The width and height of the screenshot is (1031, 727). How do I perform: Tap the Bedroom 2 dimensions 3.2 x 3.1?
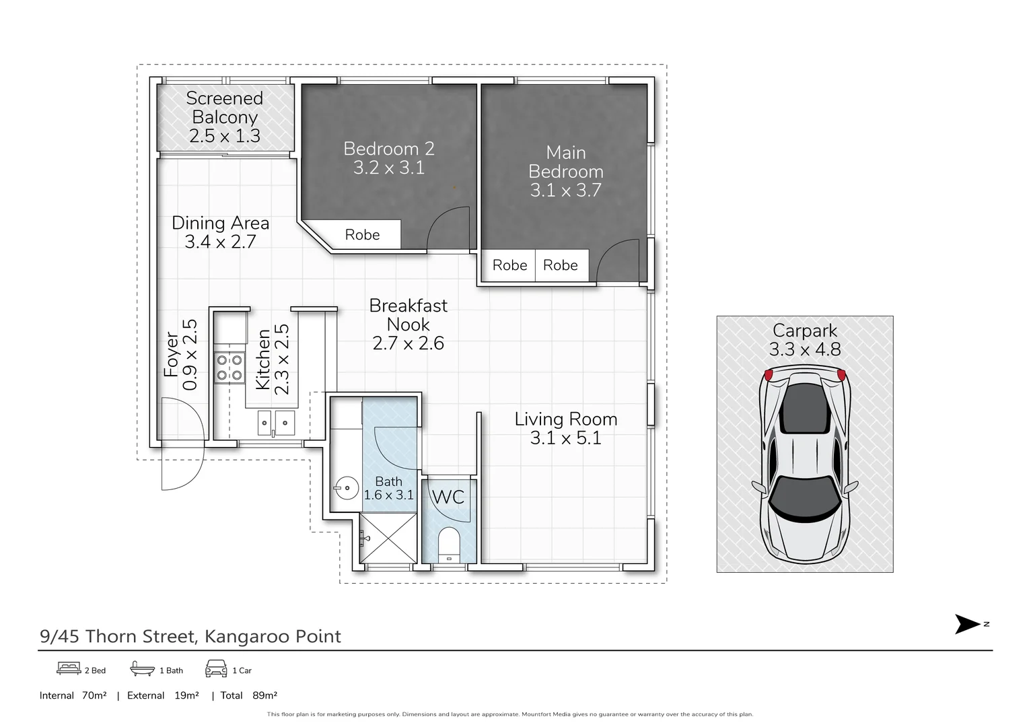pos(388,168)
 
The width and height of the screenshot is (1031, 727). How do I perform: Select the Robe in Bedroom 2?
pos(362,235)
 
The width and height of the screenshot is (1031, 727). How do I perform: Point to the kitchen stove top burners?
pos(229,368)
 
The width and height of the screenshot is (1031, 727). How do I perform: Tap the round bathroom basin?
pos(346,488)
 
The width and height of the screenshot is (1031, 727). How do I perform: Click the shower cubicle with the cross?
pos(388,538)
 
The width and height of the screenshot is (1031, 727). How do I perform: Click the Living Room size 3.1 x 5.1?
pos(566,438)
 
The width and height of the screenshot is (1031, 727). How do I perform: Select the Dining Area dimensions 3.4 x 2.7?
pos(220,242)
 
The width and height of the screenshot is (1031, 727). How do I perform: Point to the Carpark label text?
pos(805,331)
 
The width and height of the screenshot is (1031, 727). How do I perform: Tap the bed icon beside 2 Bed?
pos(69,668)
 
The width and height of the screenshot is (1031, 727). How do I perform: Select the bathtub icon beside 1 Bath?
pos(142,668)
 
